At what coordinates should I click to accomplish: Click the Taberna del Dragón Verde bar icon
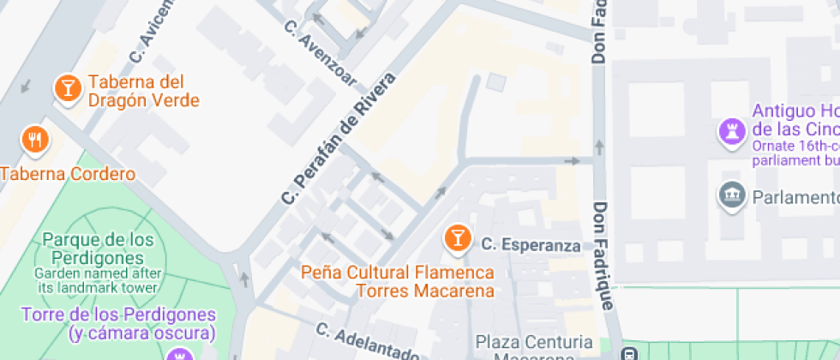point(66,87)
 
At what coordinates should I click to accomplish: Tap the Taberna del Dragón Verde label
point(143,92)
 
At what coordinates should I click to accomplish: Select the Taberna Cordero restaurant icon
point(34,139)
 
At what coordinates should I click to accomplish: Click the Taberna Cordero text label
point(68,174)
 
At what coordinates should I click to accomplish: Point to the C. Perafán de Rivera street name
point(339,139)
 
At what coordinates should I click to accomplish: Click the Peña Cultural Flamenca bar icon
point(457,238)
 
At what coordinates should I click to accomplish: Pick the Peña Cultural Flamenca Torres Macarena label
point(398,281)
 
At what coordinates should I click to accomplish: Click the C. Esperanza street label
point(531,245)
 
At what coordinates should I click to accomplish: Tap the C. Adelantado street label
point(366,342)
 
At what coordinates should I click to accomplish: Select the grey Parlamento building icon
point(731,195)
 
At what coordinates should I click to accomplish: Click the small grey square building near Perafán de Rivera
point(496,82)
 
